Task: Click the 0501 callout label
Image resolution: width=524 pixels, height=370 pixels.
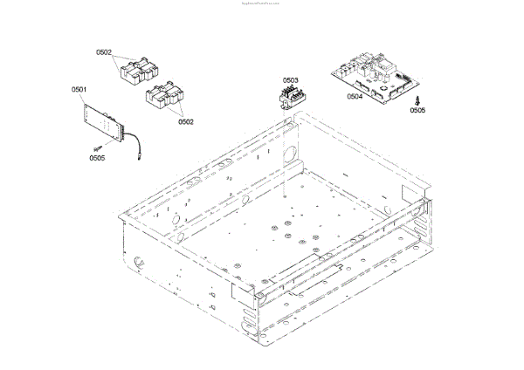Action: [79, 90]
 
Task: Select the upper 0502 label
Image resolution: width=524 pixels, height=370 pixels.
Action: [104, 52]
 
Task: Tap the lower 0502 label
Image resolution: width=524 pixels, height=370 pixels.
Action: [185, 121]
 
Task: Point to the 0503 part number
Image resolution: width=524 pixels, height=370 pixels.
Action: [289, 79]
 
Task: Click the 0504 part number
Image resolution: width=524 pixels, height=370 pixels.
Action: [355, 97]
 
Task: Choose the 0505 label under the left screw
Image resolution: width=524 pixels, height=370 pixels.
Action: [97, 158]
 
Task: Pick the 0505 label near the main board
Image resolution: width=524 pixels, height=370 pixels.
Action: [417, 112]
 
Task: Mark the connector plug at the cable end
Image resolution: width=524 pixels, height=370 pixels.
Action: [141, 161]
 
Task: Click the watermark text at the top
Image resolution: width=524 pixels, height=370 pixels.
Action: [262, 3]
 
